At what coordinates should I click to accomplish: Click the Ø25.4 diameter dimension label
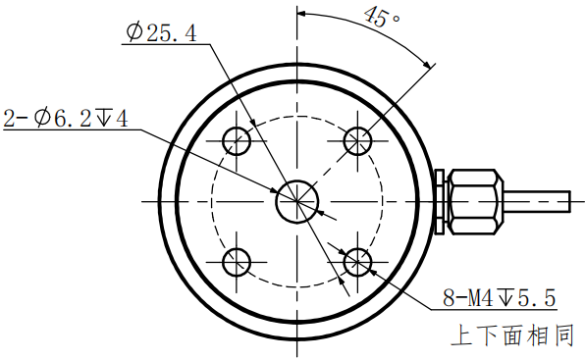click(161, 33)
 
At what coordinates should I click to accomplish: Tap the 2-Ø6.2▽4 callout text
click(66, 119)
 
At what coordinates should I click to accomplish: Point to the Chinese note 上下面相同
click(510, 336)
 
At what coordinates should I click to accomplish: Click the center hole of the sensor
click(296, 201)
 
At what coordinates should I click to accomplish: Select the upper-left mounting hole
click(237, 141)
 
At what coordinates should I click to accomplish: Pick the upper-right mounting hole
click(357, 141)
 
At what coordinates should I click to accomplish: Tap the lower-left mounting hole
click(237, 262)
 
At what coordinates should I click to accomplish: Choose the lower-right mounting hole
click(357, 262)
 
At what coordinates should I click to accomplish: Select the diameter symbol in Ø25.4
click(134, 33)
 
